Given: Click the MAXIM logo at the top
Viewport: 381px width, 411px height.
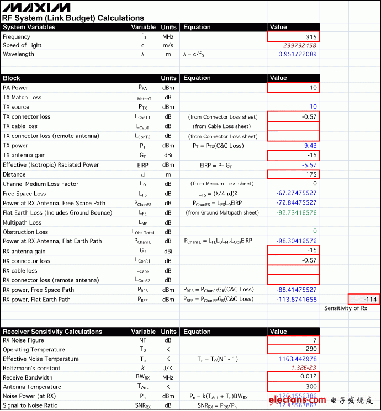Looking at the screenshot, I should point(36,8).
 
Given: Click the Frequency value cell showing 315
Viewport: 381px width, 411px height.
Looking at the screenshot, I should point(293,37).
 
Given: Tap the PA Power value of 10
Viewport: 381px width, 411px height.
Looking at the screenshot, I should point(293,88).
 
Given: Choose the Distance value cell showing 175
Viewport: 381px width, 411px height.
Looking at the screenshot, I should point(293,174).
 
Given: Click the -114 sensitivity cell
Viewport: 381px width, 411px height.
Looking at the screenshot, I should point(364,300).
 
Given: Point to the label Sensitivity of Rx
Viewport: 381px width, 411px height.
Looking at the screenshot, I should point(345,308).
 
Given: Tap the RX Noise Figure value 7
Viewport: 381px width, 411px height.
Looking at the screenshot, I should point(293,340).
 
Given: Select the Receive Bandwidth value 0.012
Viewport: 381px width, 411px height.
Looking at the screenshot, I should point(293,377).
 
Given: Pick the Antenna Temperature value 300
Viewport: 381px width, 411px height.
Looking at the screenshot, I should point(293,387).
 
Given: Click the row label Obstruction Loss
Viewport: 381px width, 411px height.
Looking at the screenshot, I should point(25,232).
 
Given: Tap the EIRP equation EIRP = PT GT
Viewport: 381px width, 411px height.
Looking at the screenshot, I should point(216,165).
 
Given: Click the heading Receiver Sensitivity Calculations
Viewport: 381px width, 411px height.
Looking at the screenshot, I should point(52,332).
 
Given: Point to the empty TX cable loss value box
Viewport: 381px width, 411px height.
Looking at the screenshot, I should point(293,126).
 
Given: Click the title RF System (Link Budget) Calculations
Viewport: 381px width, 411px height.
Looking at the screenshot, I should point(73,18).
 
